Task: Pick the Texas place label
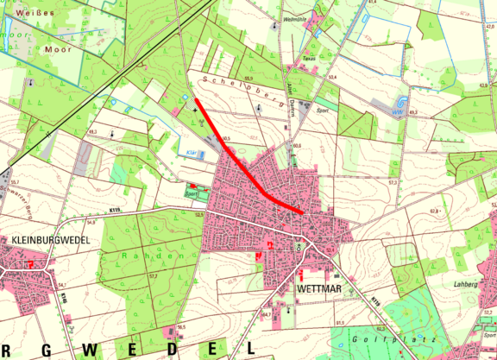309,58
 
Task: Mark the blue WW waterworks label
397,111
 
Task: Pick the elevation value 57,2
153,275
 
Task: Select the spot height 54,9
89,222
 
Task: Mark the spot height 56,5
181,327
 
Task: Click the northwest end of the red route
196,101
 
